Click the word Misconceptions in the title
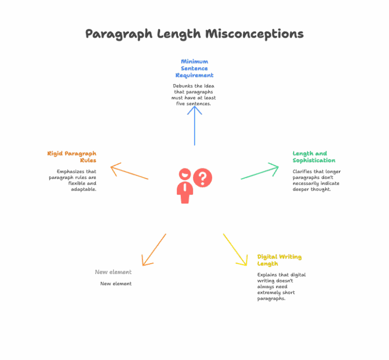click(x=254, y=34)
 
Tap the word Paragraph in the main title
click(x=119, y=34)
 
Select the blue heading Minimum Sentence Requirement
click(x=194, y=68)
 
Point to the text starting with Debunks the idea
click(x=194, y=95)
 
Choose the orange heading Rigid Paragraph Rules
click(x=72, y=157)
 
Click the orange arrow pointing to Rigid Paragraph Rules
click(x=130, y=171)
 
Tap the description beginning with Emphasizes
click(x=72, y=180)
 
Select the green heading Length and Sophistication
click(x=314, y=157)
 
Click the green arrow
click(x=260, y=171)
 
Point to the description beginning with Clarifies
click(x=316, y=180)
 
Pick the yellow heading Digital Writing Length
click(x=279, y=260)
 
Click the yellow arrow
click(x=236, y=249)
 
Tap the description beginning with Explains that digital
click(x=281, y=286)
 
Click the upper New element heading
click(x=113, y=272)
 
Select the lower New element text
click(x=115, y=283)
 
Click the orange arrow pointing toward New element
click(x=154, y=249)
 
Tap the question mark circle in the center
click(x=203, y=177)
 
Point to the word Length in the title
click(x=179, y=34)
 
